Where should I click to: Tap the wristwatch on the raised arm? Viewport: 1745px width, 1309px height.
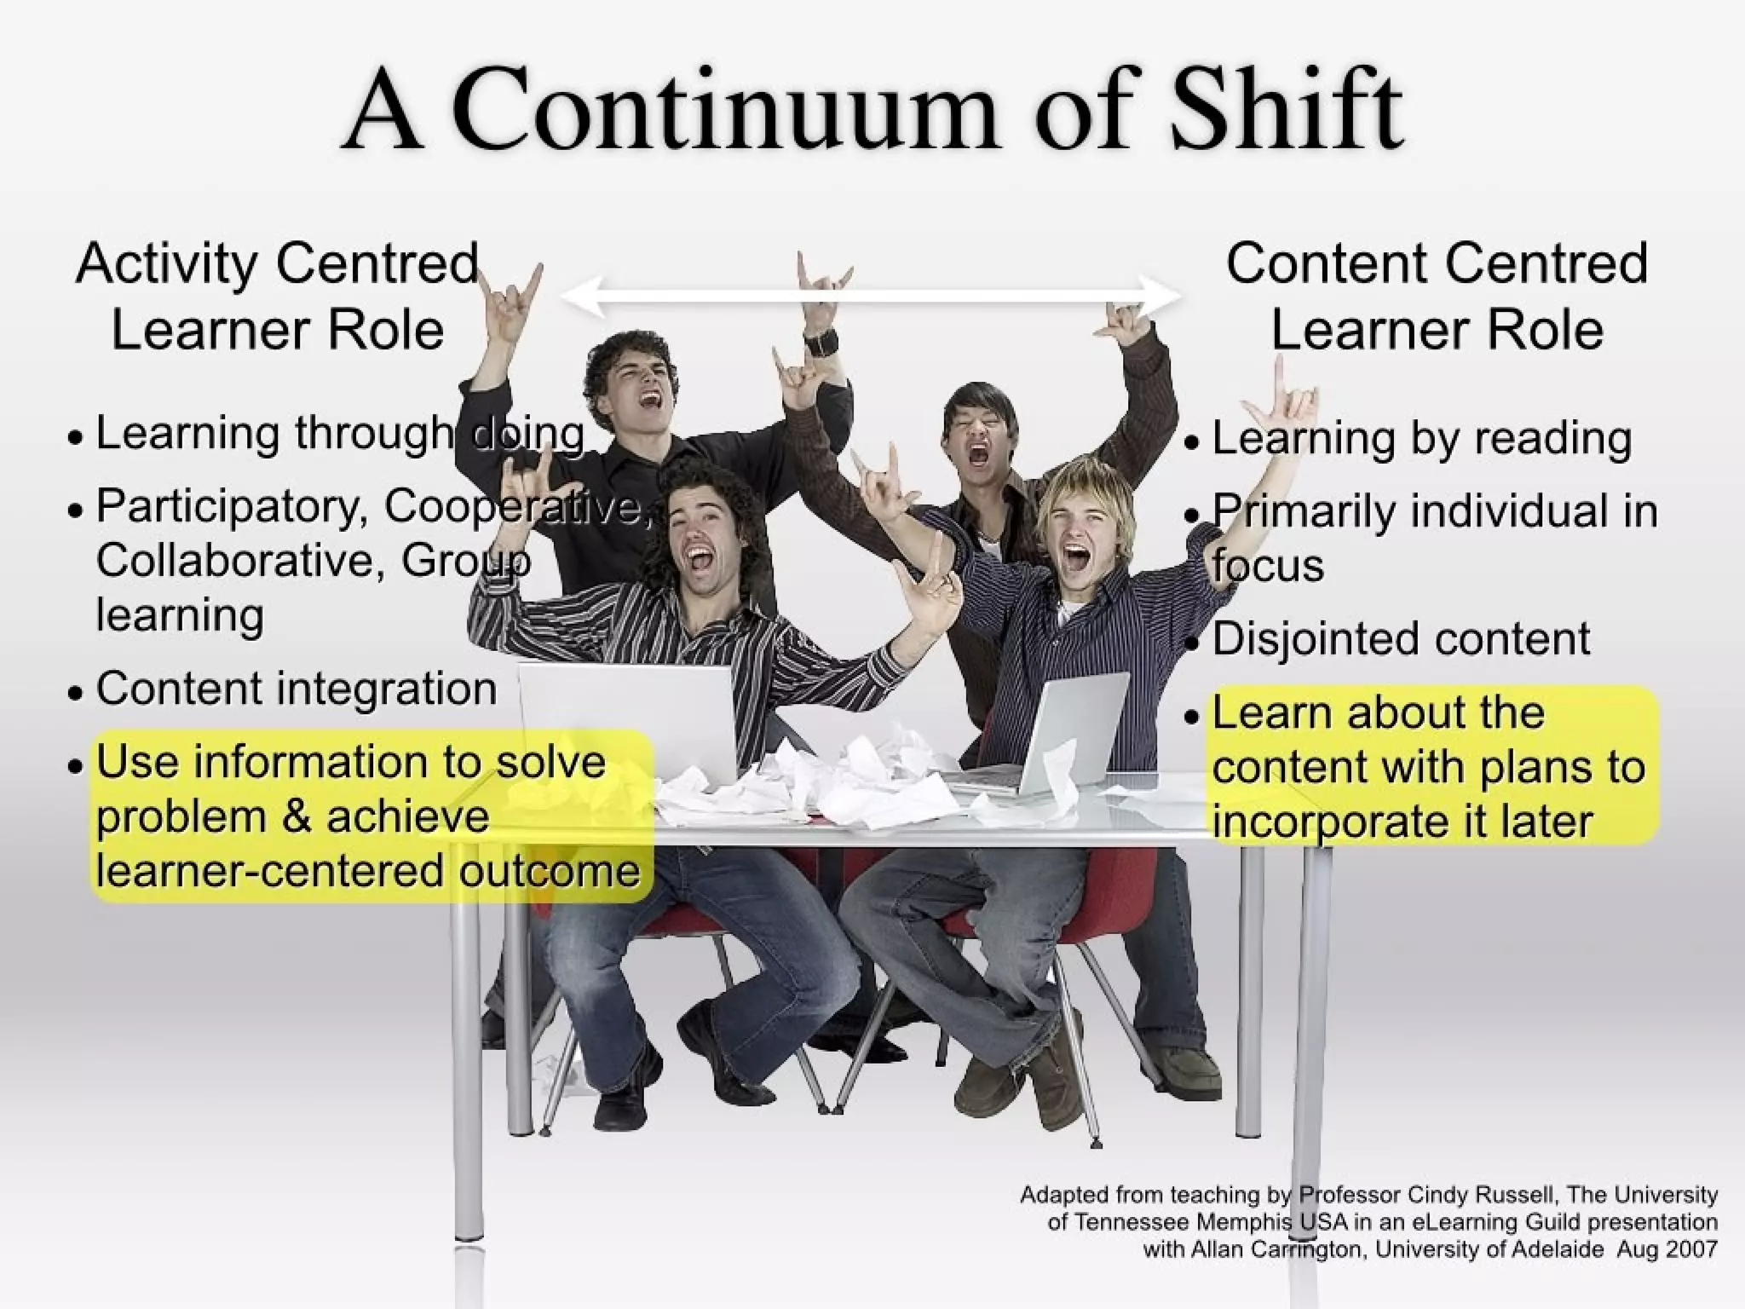tap(820, 343)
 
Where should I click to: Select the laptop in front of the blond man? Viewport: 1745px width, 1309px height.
tap(1057, 733)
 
